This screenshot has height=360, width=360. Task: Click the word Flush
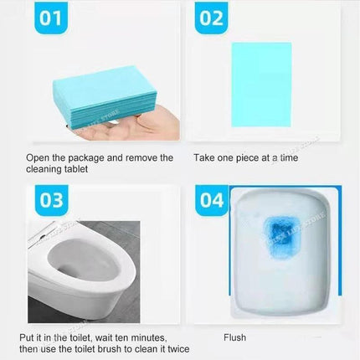coord(234,337)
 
